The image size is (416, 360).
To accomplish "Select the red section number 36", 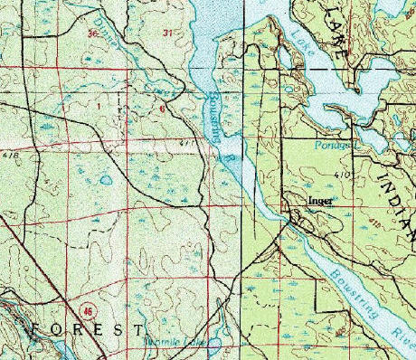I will coord(92,33).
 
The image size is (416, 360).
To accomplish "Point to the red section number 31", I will coord(166,33).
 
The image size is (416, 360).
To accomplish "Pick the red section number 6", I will coord(163,108).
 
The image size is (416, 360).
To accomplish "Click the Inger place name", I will coord(319,201).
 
